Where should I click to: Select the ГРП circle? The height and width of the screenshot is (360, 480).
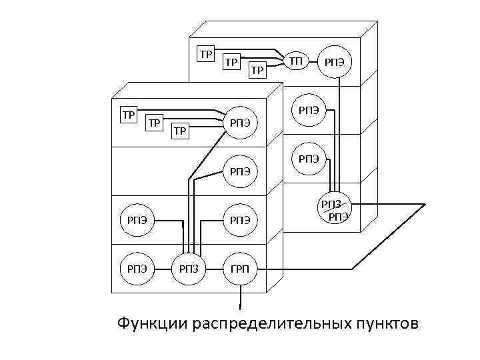[x=239, y=269]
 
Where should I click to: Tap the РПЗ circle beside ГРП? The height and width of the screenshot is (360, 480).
[x=189, y=269]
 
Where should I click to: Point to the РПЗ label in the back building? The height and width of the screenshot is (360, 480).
[x=331, y=204]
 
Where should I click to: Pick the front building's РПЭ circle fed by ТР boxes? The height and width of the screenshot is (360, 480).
[x=239, y=122]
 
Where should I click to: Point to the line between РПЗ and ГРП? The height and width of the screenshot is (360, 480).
[x=214, y=269]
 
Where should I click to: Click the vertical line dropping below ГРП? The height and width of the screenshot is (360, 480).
[x=239, y=298]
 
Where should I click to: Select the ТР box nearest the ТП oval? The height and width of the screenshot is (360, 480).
[x=257, y=69]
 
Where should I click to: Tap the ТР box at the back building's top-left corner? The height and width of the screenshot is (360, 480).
[x=206, y=53]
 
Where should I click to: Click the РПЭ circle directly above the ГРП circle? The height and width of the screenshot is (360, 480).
[x=239, y=219]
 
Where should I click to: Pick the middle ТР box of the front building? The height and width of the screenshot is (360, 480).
[x=154, y=123]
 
